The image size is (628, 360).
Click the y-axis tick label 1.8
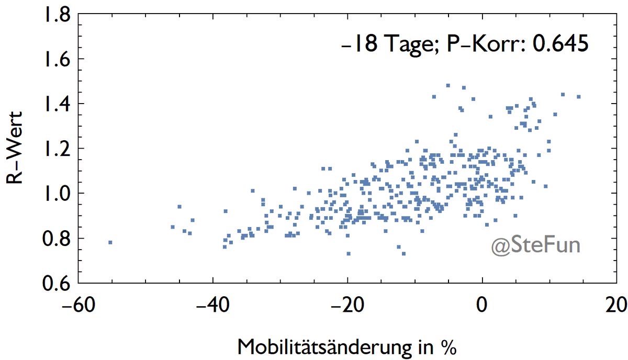click(54, 15)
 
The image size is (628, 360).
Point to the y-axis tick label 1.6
click(54, 59)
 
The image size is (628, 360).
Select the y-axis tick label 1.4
click(54, 104)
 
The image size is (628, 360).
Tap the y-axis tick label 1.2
click(54, 149)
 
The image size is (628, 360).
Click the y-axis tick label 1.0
click(54, 194)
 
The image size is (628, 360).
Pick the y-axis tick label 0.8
click(54, 239)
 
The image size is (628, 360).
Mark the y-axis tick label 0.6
click(54, 284)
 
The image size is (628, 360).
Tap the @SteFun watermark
click(535, 246)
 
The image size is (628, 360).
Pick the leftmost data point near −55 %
click(110, 242)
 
